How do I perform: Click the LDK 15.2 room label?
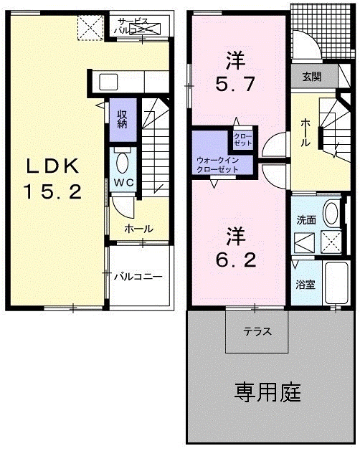[53, 178]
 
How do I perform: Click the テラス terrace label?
[256, 332]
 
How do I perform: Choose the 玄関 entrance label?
[311, 77]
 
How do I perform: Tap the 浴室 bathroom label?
[305, 285]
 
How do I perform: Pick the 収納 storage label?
[123, 118]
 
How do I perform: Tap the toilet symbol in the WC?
[123, 161]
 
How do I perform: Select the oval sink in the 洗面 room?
[331, 214]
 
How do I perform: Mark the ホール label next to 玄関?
[305, 133]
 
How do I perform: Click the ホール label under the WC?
[138, 229]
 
